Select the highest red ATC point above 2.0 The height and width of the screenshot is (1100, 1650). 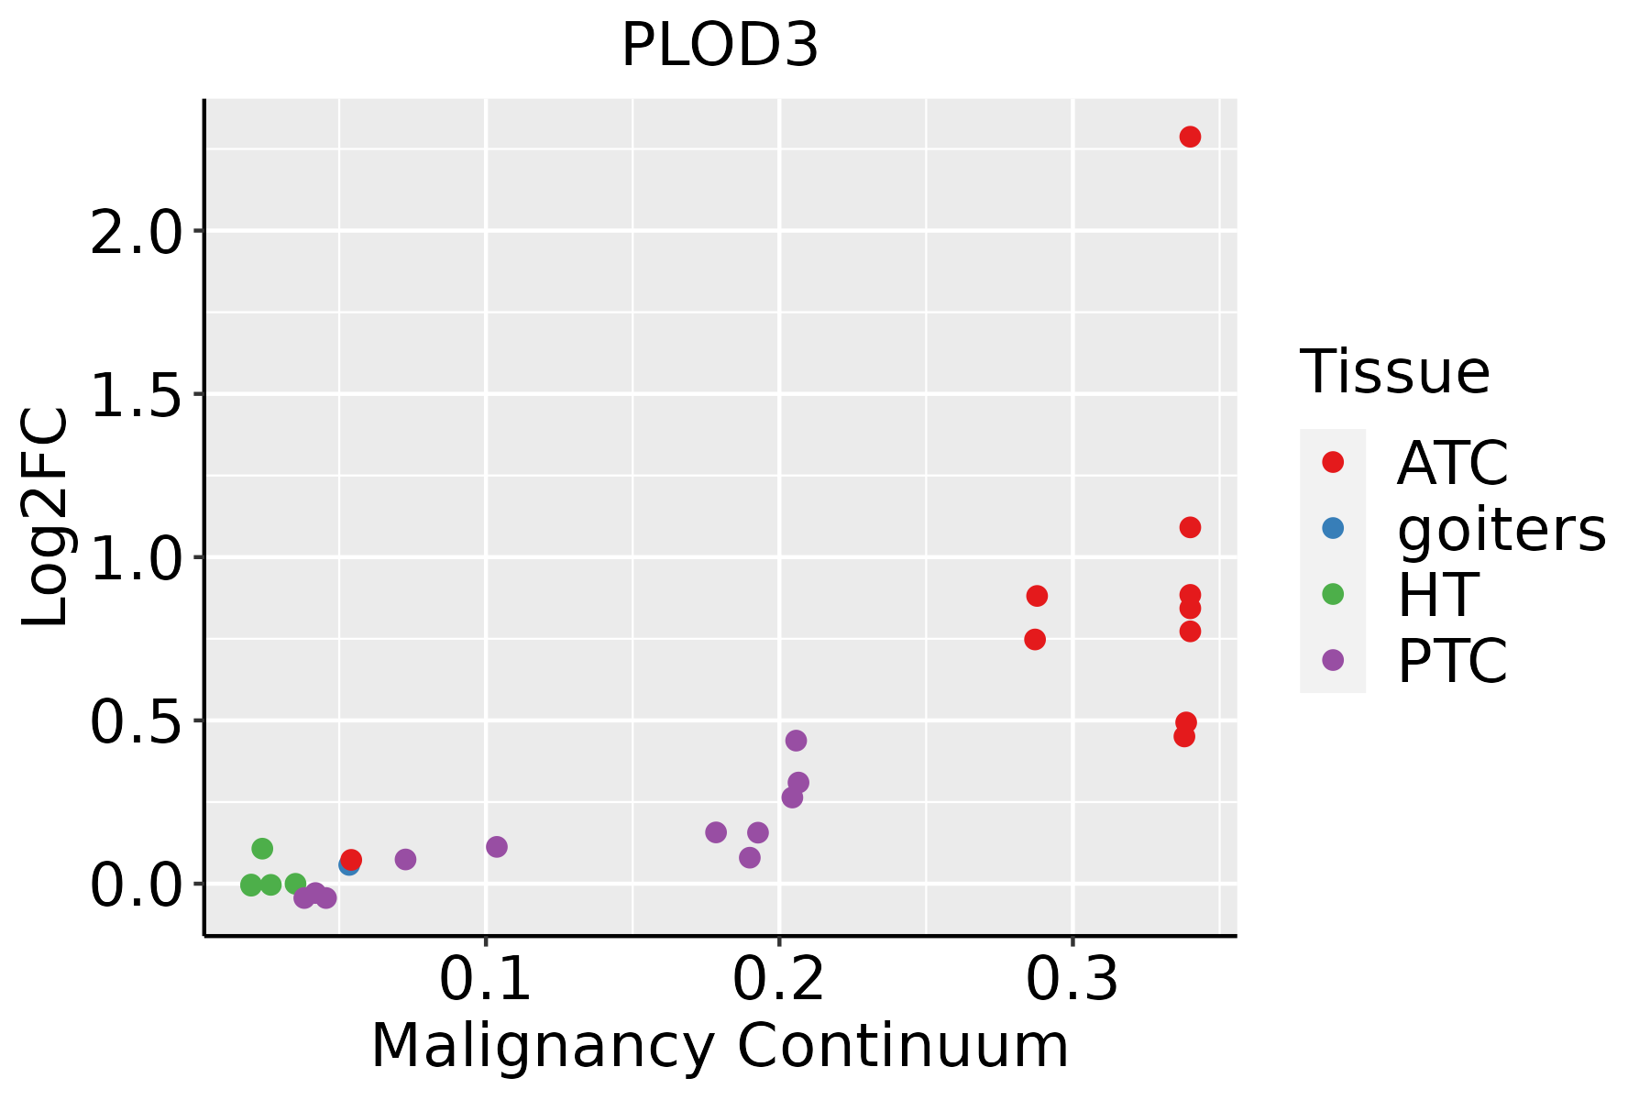tap(1190, 137)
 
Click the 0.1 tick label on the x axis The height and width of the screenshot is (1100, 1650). tap(486, 979)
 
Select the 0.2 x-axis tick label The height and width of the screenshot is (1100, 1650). tap(778, 979)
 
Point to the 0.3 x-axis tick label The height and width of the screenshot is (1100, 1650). tap(1072, 979)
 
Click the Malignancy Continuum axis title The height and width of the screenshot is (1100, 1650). tap(720, 1047)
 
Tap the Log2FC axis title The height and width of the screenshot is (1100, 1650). tap(46, 517)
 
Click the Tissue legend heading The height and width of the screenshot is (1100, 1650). tap(1395, 372)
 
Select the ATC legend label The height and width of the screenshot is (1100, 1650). tap(1452, 463)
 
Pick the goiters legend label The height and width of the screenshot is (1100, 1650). tap(1501, 529)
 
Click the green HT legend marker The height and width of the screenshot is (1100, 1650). tap(1333, 594)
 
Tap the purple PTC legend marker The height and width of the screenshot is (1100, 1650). tap(1333, 660)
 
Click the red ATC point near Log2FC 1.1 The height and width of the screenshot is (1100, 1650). tap(1190, 527)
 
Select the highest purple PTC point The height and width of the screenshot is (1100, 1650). tap(796, 740)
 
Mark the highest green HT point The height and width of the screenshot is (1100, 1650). tap(262, 848)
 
